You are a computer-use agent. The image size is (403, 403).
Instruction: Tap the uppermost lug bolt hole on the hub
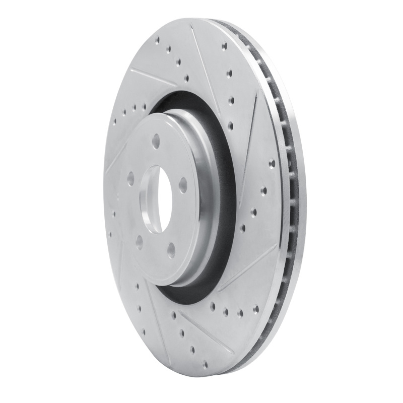tap(156, 141)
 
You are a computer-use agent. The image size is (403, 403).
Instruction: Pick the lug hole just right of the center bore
tap(183, 185)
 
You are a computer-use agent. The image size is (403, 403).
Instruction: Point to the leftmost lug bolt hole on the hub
tap(131, 179)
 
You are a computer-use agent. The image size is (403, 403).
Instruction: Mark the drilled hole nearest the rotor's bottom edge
tap(205, 363)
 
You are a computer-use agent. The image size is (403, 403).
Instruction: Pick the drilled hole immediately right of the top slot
tap(224, 46)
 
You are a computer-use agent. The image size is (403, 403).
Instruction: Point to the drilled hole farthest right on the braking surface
tap(272, 163)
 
